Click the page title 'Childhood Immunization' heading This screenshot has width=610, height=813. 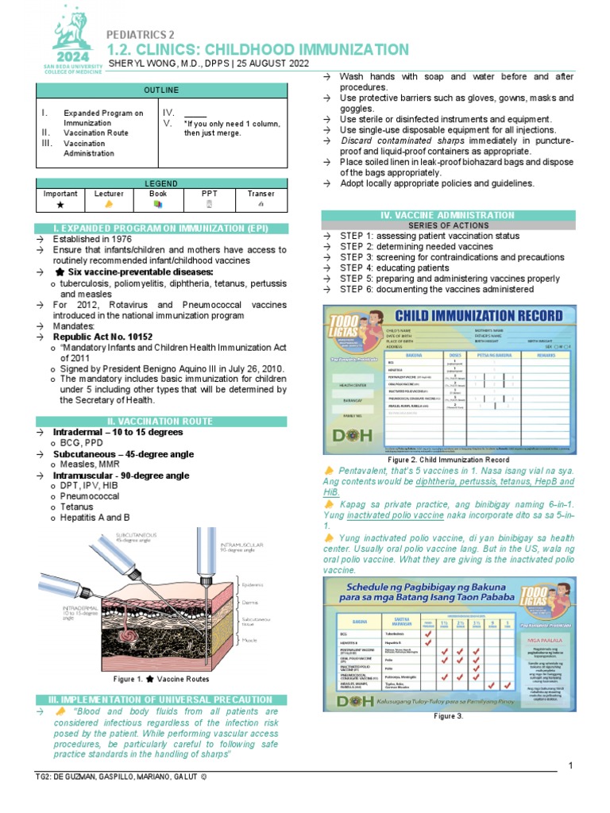[258, 50]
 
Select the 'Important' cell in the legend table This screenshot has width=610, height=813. [60, 193]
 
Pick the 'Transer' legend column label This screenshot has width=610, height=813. [261, 193]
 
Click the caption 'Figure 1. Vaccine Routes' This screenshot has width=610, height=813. [161, 680]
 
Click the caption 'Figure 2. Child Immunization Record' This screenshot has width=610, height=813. [447, 460]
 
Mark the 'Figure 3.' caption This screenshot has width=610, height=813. [448, 716]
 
